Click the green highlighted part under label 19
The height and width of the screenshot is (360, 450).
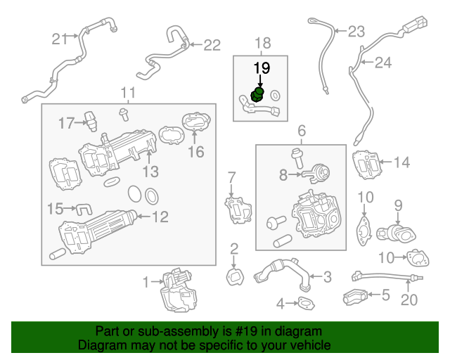(258, 95)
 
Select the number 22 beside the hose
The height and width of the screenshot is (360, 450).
(212, 45)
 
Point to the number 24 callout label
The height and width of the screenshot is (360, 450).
(382, 63)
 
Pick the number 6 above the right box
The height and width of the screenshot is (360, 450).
(301, 131)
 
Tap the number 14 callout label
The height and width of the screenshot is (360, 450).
(401, 163)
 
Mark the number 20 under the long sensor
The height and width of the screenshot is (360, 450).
(409, 300)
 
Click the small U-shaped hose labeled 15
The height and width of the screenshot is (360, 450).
(84, 208)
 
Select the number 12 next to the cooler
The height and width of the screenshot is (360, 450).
(160, 217)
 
